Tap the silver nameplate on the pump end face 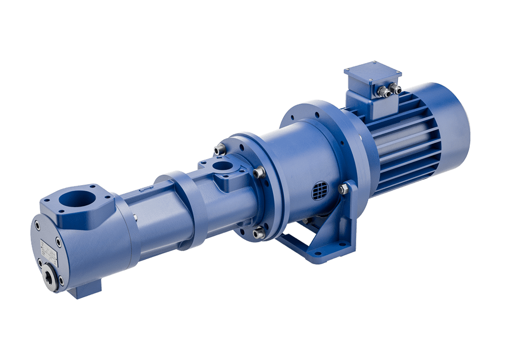(x=49, y=249)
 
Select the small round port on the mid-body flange (x=224, y=167)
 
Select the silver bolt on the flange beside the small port (x=259, y=172)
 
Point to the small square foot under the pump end (x=85, y=290)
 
